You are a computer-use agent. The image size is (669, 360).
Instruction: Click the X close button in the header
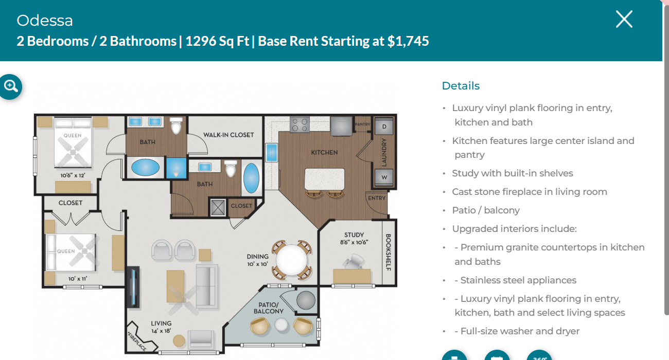(624, 19)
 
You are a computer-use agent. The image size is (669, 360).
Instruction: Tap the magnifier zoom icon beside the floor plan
(11, 86)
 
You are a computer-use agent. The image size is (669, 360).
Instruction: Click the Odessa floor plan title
(45, 21)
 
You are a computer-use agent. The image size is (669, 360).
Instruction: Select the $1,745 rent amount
(408, 41)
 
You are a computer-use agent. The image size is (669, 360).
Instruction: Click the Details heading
(461, 86)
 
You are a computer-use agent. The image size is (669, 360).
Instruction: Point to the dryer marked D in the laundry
(384, 127)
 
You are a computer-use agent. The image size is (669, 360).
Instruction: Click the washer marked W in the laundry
(384, 177)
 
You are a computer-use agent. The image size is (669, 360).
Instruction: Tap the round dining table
(291, 260)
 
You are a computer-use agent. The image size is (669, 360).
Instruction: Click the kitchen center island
(324, 178)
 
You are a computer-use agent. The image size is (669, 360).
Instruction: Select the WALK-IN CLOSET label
(228, 135)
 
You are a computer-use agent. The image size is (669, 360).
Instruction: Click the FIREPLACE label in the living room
(137, 341)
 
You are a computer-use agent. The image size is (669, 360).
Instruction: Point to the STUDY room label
(354, 235)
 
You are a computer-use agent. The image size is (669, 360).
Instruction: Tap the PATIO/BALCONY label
(269, 308)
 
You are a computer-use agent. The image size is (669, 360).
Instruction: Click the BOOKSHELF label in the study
(389, 252)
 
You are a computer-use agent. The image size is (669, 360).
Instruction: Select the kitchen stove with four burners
(300, 125)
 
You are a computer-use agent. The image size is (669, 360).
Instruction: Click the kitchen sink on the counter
(272, 153)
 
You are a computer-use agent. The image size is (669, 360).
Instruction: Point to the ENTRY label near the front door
(377, 198)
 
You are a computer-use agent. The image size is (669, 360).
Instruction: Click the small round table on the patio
(281, 325)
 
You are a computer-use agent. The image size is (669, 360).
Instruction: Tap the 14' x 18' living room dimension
(161, 331)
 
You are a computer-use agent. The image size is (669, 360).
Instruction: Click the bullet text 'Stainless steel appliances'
(518, 280)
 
